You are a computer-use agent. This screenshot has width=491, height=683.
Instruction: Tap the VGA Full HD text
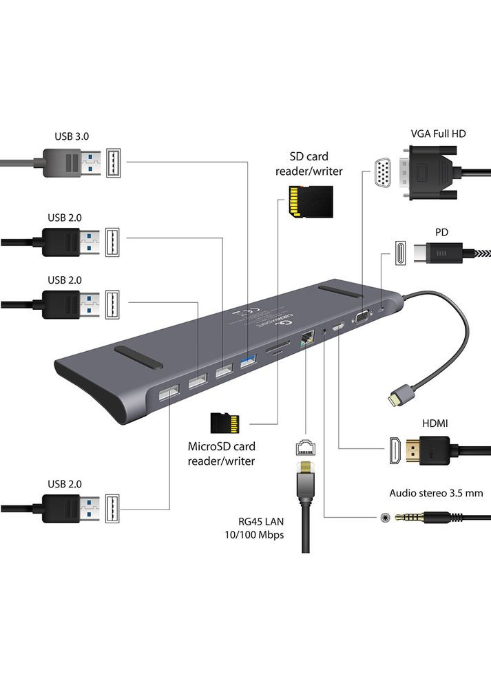tap(438, 133)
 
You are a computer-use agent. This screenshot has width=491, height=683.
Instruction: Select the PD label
tap(441, 232)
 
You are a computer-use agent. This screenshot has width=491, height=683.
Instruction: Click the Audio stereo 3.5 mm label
tap(436, 493)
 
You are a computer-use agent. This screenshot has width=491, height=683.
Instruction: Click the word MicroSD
tap(209, 446)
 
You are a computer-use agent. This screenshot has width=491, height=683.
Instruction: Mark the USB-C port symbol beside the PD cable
tap(397, 253)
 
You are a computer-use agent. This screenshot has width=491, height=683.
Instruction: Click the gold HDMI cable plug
tap(421, 452)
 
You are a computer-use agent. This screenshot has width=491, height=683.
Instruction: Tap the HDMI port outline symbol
tap(394, 452)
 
